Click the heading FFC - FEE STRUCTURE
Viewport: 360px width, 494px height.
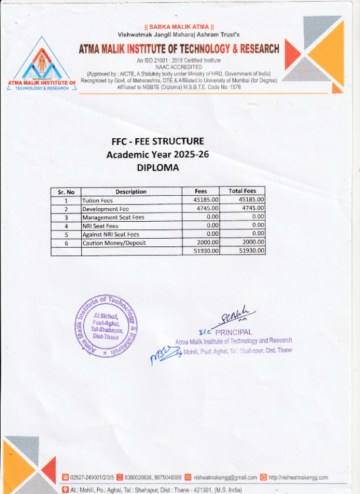click(158, 142)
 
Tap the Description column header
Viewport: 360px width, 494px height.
click(131, 192)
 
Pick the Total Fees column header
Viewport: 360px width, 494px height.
click(242, 191)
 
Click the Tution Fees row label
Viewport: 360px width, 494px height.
click(98, 201)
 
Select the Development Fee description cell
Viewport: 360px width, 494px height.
click(106, 209)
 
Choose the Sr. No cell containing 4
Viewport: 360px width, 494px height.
click(66, 226)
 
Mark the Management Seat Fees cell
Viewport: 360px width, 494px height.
click(114, 217)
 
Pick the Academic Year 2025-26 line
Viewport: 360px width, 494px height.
click(158, 155)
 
